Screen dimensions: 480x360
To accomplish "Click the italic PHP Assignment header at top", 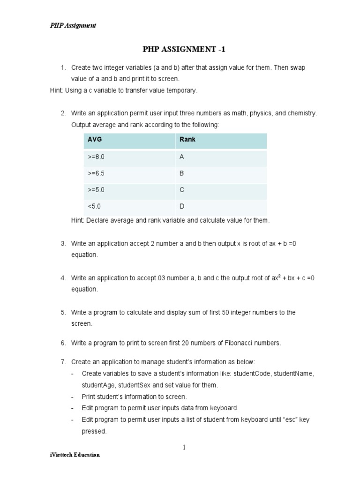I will pyautogui.click(x=73, y=25).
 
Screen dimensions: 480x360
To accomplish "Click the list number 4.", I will pyautogui.click(x=62, y=278).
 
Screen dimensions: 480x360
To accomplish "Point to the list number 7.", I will pyautogui.click(x=62, y=362).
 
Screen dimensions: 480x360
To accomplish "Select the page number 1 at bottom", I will pyautogui.click(x=185, y=447).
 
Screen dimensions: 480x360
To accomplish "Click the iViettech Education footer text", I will pyautogui.click(x=75, y=455).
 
